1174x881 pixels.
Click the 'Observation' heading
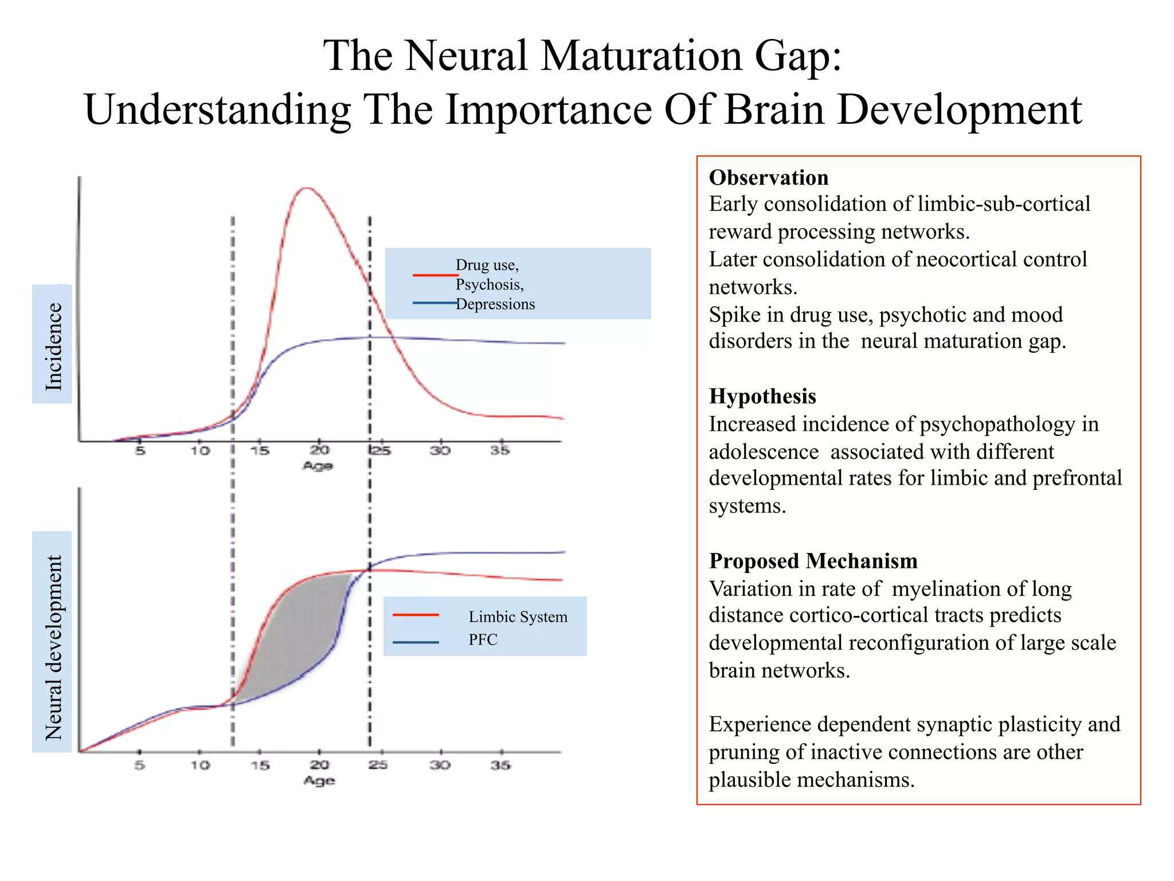coord(768,178)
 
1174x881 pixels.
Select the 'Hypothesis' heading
coord(762,396)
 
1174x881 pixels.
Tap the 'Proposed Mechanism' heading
coord(813,561)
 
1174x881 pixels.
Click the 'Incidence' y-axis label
coord(53,346)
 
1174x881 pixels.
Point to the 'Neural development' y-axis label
coord(53,646)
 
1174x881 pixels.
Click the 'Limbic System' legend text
coord(518,617)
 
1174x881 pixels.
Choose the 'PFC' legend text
coord(483,640)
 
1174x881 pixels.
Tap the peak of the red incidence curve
coord(307,188)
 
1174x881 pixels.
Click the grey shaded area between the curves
coord(292,631)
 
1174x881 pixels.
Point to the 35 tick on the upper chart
coord(500,450)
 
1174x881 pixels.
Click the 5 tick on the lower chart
coord(139,765)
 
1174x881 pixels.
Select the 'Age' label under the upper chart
coord(318,466)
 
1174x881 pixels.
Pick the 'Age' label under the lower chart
coord(319,781)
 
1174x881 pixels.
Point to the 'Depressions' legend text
coord(495,304)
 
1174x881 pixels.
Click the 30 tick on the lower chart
coord(440,765)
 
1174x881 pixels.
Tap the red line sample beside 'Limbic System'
coord(416,615)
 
